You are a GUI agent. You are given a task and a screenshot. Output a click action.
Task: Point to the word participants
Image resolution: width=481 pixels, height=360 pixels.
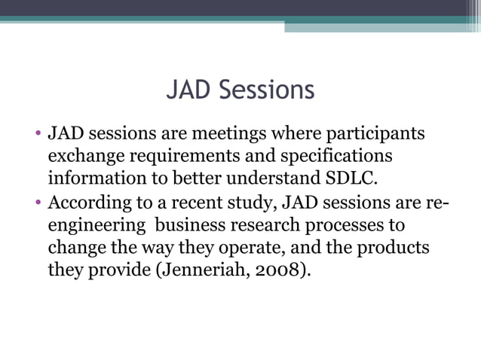(x=375, y=135)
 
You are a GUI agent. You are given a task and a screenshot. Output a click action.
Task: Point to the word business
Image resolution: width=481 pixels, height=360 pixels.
(x=187, y=225)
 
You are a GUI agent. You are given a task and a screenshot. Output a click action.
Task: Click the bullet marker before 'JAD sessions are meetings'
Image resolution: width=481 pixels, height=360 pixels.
(x=38, y=136)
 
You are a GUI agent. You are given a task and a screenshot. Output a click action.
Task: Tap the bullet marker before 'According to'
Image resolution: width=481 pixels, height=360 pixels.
(x=38, y=203)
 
